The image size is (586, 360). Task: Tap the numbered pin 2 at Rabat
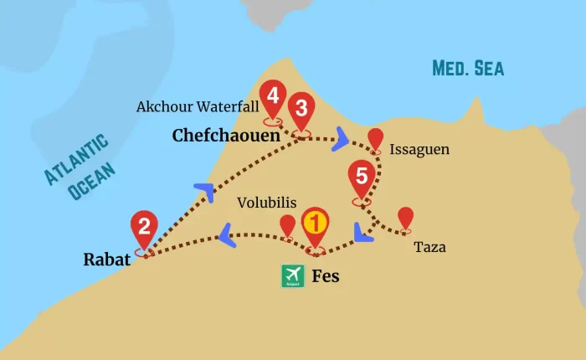[x=145, y=226]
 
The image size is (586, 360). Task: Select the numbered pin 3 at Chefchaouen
[x=301, y=109]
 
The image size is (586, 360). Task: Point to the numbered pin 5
[x=362, y=177]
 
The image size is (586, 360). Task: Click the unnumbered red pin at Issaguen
[x=376, y=139]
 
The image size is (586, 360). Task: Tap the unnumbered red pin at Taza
[x=406, y=218]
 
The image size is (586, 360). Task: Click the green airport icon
[x=293, y=276]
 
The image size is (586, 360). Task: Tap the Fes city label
[x=326, y=276]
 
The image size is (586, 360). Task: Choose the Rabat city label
[x=106, y=260]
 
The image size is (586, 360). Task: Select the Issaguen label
[x=419, y=150]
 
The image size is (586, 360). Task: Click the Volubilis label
[x=265, y=202]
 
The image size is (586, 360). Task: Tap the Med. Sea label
[x=468, y=68]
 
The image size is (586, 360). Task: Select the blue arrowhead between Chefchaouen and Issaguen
[x=341, y=139]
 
